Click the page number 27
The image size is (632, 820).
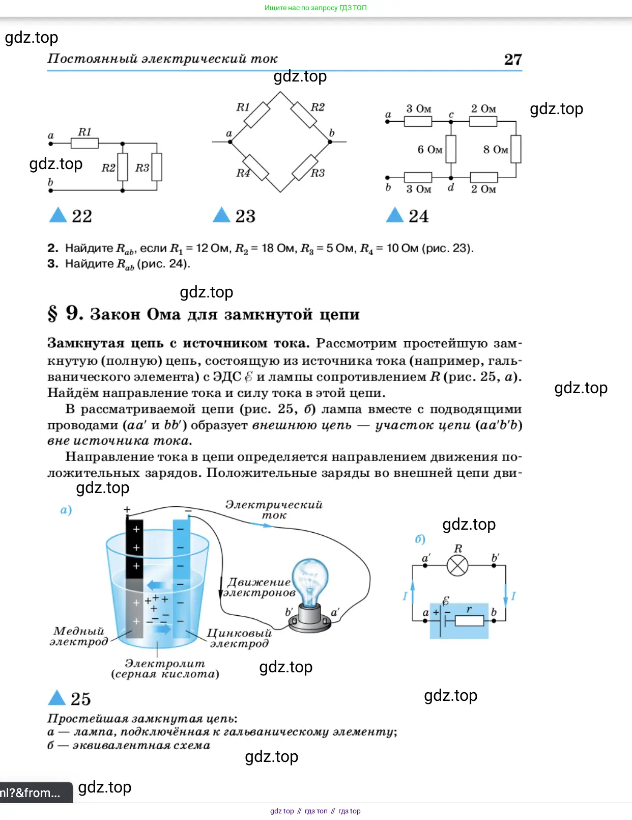click(x=512, y=60)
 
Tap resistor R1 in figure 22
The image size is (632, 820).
click(x=84, y=143)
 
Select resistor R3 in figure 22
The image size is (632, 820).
click(x=157, y=168)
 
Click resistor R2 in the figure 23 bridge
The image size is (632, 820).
click(x=304, y=115)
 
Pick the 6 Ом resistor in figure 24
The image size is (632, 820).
click(x=451, y=149)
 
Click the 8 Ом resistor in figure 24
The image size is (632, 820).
click(x=515, y=149)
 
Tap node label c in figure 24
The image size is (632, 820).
click(x=451, y=115)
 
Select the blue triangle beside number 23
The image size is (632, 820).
click(x=221, y=215)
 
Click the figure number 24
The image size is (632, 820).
click(x=418, y=216)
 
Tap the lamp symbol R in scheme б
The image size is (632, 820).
click(x=457, y=565)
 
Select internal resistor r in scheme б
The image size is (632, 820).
click(x=469, y=621)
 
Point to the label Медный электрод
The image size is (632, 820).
click(x=79, y=636)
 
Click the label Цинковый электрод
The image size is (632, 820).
click(x=239, y=638)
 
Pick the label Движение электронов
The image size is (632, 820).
click(x=260, y=587)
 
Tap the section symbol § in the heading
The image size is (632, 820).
click(x=52, y=314)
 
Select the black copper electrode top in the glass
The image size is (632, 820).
click(x=134, y=548)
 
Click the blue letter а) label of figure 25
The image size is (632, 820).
click(x=66, y=510)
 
